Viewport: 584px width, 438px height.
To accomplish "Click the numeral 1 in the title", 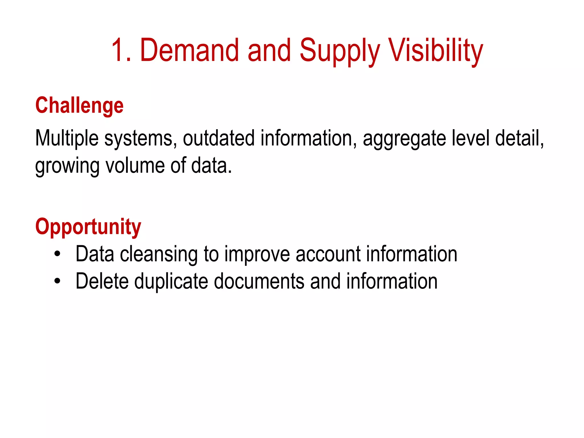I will pyautogui.click(x=119, y=51).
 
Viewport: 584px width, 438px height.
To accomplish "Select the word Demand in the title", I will pyautogui.click(x=189, y=51).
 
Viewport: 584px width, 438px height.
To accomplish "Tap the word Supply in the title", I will pyautogui.click(x=340, y=51).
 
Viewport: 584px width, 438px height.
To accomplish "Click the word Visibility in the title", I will pyautogui.click(x=436, y=51).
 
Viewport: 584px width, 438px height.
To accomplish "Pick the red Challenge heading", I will pyautogui.click(x=79, y=106).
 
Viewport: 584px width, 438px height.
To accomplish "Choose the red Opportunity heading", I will pyautogui.click(x=88, y=227).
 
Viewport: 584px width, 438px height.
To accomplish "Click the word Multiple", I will pyautogui.click(x=67, y=139).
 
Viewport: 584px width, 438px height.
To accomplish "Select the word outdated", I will pyautogui.click(x=218, y=138).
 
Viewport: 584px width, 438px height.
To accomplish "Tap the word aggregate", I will pyautogui.click(x=404, y=139).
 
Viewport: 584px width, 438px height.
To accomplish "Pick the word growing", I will pyautogui.click(x=67, y=167).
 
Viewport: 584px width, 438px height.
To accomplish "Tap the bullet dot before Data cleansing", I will pyautogui.click(x=58, y=254).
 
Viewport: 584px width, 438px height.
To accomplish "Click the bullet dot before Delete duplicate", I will pyautogui.click(x=58, y=281).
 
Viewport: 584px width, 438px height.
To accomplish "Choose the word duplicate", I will pyautogui.click(x=171, y=282).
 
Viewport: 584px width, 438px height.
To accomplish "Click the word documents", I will pyautogui.click(x=259, y=281).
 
